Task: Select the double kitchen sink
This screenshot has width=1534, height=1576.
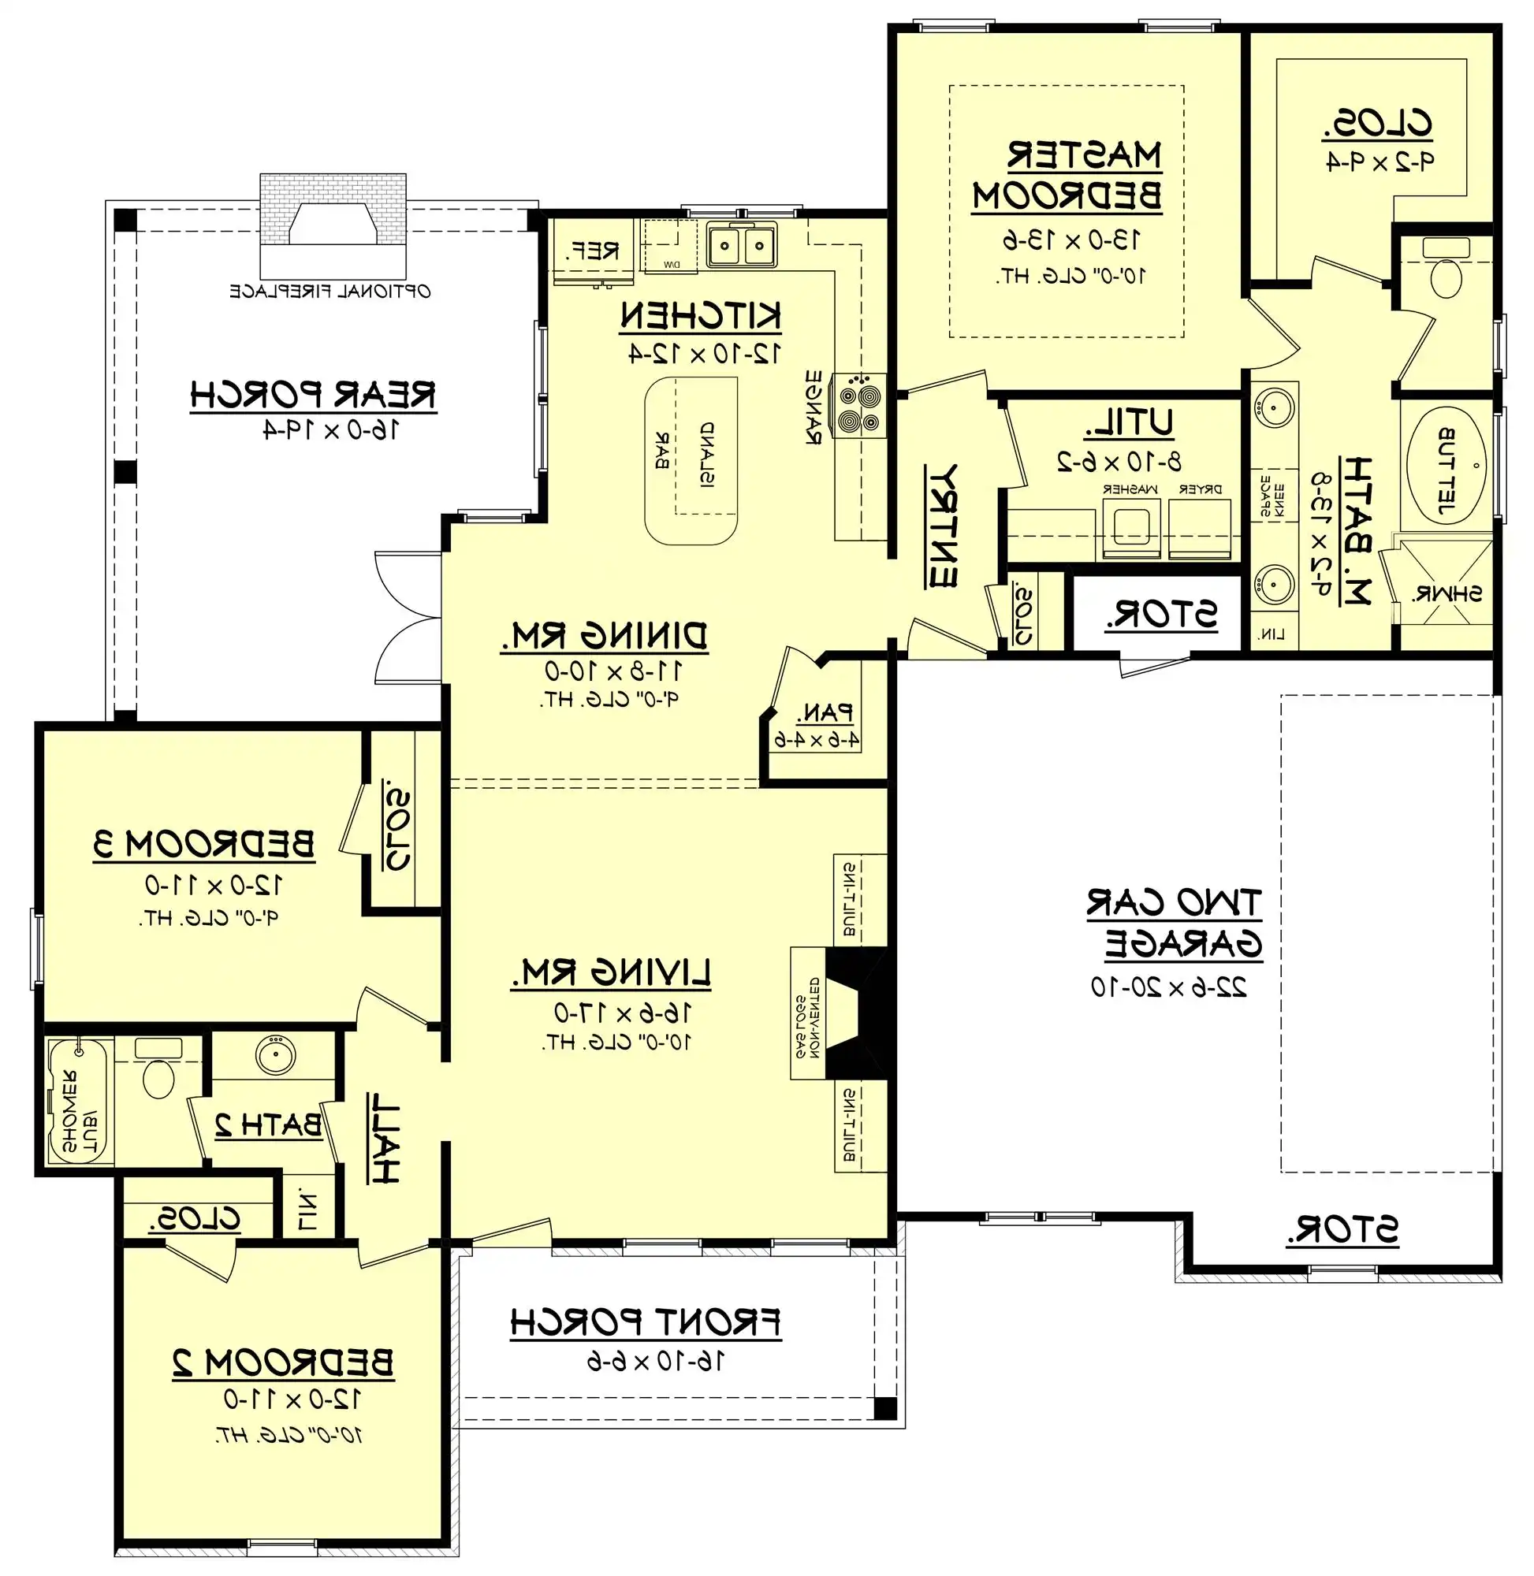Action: [x=741, y=245]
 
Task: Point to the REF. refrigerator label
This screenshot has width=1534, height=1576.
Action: [x=592, y=251]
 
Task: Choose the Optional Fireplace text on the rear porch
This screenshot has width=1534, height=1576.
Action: [x=330, y=292]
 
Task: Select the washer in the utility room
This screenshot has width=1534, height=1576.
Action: [x=1131, y=528]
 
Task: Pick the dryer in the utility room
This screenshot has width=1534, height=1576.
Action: [x=1200, y=528]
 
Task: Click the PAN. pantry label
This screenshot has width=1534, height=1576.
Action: [x=825, y=712]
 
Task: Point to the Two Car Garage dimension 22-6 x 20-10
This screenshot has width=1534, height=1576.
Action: [x=1168, y=987]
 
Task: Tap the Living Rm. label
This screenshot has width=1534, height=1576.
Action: [x=611, y=973]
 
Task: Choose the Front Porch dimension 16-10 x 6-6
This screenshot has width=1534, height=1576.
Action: [x=654, y=1362]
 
